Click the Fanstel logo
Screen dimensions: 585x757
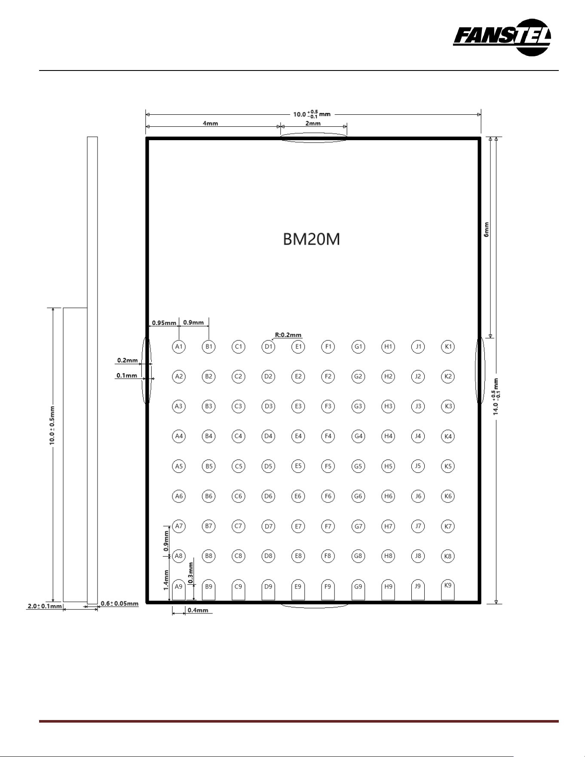pos(502,37)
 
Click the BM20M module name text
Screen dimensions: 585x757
pos(312,239)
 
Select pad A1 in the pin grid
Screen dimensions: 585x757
pos(179,346)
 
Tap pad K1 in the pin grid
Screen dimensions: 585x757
pos(448,346)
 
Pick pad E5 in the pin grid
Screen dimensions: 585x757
pos(298,466)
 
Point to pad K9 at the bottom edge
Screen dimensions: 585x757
pos(448,589)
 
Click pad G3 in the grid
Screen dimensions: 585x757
pos(358,406)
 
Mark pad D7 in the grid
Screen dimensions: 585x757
pos(268,526)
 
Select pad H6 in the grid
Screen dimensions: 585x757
pos(388,496)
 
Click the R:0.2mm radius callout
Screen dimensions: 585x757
pos(288,335)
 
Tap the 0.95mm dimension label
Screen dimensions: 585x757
pos(164,323)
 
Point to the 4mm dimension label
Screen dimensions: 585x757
pos(210,123)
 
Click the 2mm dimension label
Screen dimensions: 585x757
pos(313,123)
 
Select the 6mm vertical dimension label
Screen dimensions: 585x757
pos(487,229)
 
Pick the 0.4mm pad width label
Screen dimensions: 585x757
pos(198,610)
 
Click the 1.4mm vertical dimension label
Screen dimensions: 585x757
pos(166,580)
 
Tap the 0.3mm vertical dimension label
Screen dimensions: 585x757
pos(191,573)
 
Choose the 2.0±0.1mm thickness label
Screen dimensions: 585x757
pos(45,606)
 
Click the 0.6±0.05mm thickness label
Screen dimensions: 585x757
pos(119,604)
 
